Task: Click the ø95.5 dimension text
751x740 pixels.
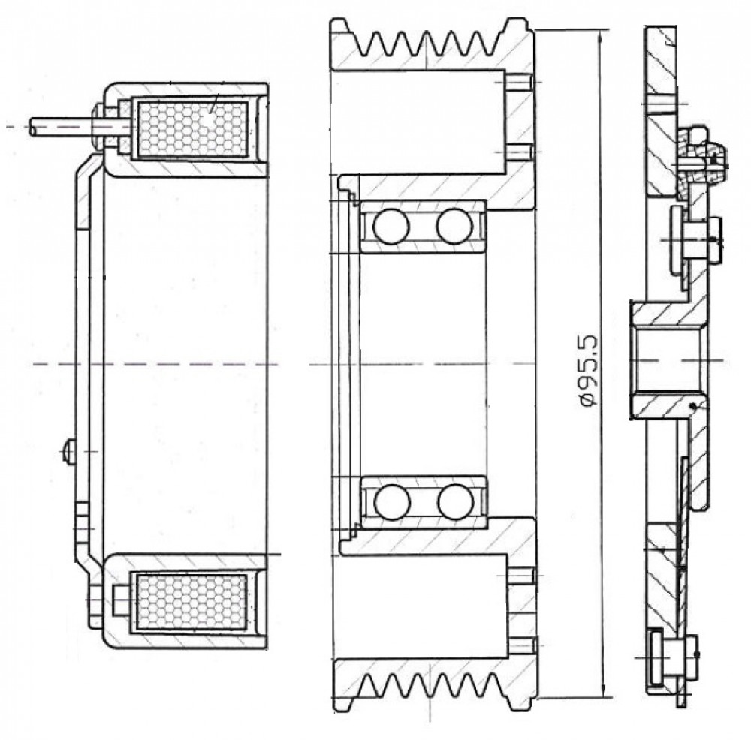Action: pos(590,371)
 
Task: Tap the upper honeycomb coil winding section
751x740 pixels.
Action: pos(192,129)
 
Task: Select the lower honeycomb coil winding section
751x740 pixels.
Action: pos(192,602)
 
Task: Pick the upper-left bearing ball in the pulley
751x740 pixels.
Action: pos(391,226)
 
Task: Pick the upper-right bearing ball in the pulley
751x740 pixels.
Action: pos(454,226)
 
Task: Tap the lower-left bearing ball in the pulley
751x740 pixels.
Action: pos(392,502)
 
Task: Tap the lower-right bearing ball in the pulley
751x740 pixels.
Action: pos(455,502)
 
